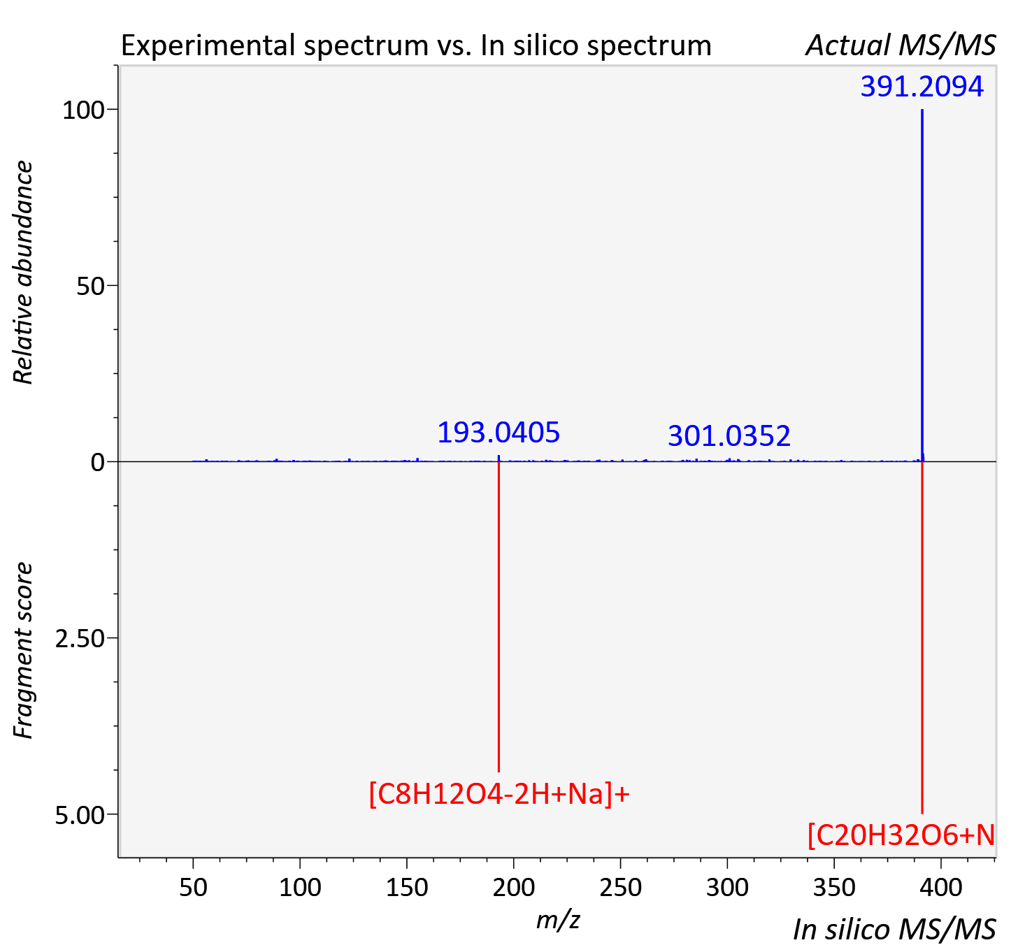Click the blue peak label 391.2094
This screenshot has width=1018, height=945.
(x=922, y=87)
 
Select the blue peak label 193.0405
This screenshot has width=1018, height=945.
(x=499, y=433)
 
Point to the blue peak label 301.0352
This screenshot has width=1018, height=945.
(x=729, y=436)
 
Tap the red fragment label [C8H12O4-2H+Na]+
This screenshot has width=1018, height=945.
(x=499, y=794)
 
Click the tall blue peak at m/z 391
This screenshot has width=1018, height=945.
(x=922, y=285)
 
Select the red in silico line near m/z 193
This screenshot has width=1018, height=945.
(x=499, y=616)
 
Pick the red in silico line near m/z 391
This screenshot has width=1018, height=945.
(x=922, y=637)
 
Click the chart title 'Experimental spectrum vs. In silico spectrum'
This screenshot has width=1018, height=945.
(x=416, y=46)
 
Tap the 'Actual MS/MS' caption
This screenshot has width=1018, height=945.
(x=901, y=45)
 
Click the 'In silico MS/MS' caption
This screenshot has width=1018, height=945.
(x=895, y=929)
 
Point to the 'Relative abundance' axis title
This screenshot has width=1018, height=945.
(x=23, y=273)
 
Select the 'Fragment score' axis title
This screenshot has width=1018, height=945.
(x=23, y=650)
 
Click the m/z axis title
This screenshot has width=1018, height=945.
(x=558, y=921)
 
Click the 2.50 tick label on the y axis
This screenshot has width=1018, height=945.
(x=78, y=639)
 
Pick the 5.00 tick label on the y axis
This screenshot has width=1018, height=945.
(x=78, y=815)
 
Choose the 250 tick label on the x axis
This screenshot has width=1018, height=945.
(x=620, y=888)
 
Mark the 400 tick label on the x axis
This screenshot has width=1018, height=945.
(x=940, y=888)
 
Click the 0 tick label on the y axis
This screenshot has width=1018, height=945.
(x=97, y=463)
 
